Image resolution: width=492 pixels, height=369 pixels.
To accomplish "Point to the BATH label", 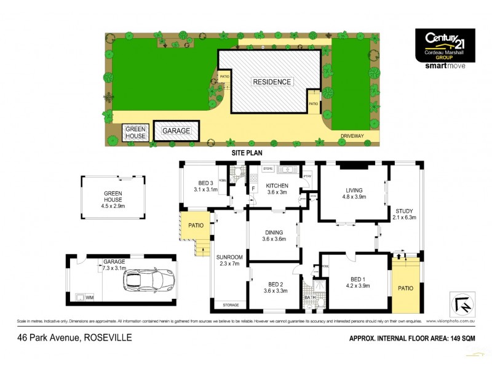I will pos(309,299).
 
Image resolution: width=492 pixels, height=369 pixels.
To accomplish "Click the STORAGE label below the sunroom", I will pos(231,304).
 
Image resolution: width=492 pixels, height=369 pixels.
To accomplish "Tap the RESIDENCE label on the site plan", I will pos(271,81).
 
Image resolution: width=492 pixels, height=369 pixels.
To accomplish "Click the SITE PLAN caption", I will pos(246,152).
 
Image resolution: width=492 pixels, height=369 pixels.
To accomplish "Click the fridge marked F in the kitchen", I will pos(252,188).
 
